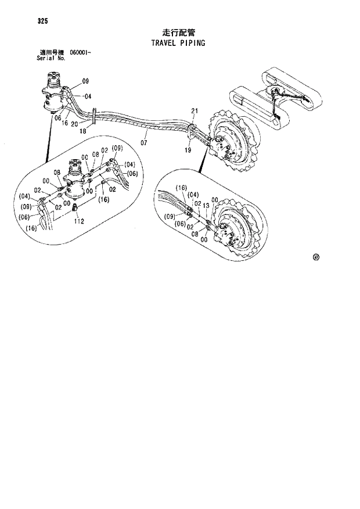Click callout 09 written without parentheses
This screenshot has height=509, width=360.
tap(85, 81)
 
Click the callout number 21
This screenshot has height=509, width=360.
tap(195, 111)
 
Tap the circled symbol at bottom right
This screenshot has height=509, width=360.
tap(316, 257)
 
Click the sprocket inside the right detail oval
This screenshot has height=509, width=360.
tap(235, 233)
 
